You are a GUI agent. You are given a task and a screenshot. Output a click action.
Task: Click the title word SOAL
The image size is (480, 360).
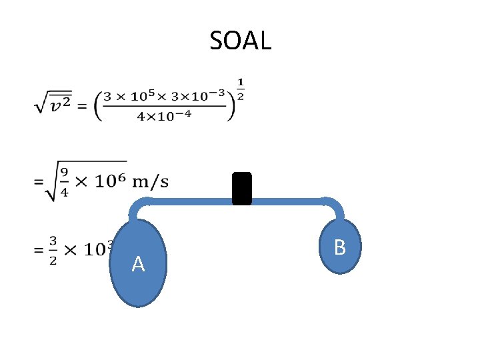click(240, 41)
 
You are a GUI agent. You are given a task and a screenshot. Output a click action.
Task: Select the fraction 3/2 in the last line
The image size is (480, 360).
click(53, 249)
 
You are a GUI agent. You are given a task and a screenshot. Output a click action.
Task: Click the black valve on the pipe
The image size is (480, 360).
click(241, 188)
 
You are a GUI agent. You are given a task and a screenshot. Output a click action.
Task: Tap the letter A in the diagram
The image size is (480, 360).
click(138, 265)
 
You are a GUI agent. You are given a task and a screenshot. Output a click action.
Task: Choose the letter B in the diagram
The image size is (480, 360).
click(339, 248)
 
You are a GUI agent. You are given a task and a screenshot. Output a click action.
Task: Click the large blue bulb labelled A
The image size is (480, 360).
click(139, 280)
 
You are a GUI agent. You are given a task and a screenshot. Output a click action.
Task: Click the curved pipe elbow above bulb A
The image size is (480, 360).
click(137, 207)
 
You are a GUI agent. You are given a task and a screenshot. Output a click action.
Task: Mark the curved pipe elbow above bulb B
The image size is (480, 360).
click(333, 205)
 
